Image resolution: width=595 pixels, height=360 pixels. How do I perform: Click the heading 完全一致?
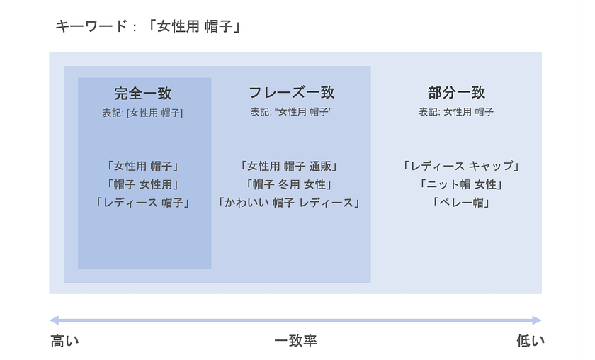(142, 94)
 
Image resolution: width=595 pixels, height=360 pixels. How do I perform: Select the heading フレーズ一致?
(291, 92)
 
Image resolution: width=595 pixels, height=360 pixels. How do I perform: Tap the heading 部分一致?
(456, 92)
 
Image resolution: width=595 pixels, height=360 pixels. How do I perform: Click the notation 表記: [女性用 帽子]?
(142, 113)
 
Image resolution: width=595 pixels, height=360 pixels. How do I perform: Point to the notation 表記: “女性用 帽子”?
(291, 112)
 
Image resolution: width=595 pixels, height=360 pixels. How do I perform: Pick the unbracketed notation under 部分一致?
(456, 112)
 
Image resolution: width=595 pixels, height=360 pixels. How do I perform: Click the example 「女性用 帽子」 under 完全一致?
(142, 166)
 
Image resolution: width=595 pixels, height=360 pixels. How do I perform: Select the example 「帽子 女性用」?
(142, 184)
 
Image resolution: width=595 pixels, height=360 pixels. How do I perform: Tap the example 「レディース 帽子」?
(142, 203)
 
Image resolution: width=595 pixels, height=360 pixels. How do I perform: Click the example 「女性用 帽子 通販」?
(289, 166)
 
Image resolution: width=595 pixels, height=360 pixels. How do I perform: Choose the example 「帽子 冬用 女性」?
(289, 184)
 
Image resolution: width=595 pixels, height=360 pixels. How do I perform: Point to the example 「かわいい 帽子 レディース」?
(289, 203)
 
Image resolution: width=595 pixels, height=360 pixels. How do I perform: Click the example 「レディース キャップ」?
(461, 166)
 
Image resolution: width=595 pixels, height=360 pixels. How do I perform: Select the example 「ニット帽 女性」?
(461, 184)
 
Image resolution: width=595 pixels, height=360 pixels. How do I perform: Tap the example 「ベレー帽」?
(461, 203)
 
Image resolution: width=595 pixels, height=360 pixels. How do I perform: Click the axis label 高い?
(65, 341)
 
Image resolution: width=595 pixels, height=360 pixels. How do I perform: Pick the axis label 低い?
(531, 341)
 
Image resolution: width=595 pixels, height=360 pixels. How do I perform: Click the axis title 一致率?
(295, 341)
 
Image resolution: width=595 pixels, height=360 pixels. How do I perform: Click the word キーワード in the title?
(91, 27)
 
